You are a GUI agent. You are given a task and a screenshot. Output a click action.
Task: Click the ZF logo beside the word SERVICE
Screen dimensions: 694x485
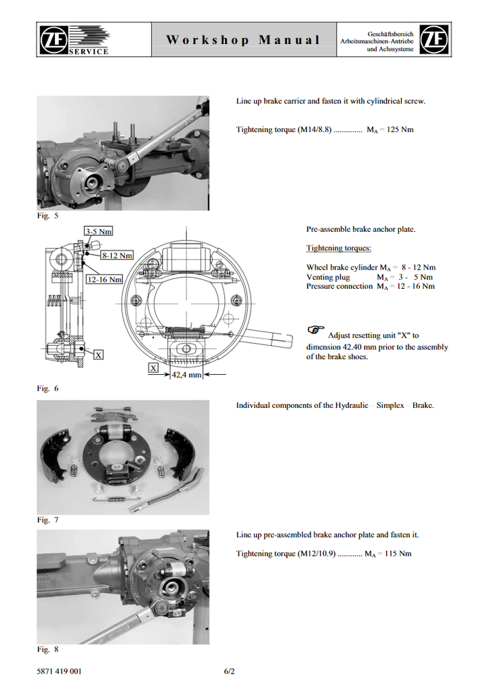(52, 38)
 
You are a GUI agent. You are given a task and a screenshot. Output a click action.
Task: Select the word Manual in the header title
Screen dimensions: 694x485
(289, 39)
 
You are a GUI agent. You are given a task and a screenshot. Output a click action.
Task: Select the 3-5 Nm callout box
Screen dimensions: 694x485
(98, 231)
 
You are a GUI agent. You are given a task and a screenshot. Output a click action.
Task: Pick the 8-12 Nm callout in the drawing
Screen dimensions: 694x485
(117, 256)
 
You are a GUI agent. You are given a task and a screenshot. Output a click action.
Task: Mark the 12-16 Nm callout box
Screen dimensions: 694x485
(104, 279)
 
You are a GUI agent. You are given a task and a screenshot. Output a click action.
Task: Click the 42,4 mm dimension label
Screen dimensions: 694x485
(187, 374)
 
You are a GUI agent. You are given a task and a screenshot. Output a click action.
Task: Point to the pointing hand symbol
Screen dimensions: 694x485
(316, 329)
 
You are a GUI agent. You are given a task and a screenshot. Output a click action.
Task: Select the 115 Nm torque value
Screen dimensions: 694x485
(396, 554)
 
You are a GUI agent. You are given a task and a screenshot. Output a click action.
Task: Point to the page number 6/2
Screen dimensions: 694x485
(229, 672)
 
